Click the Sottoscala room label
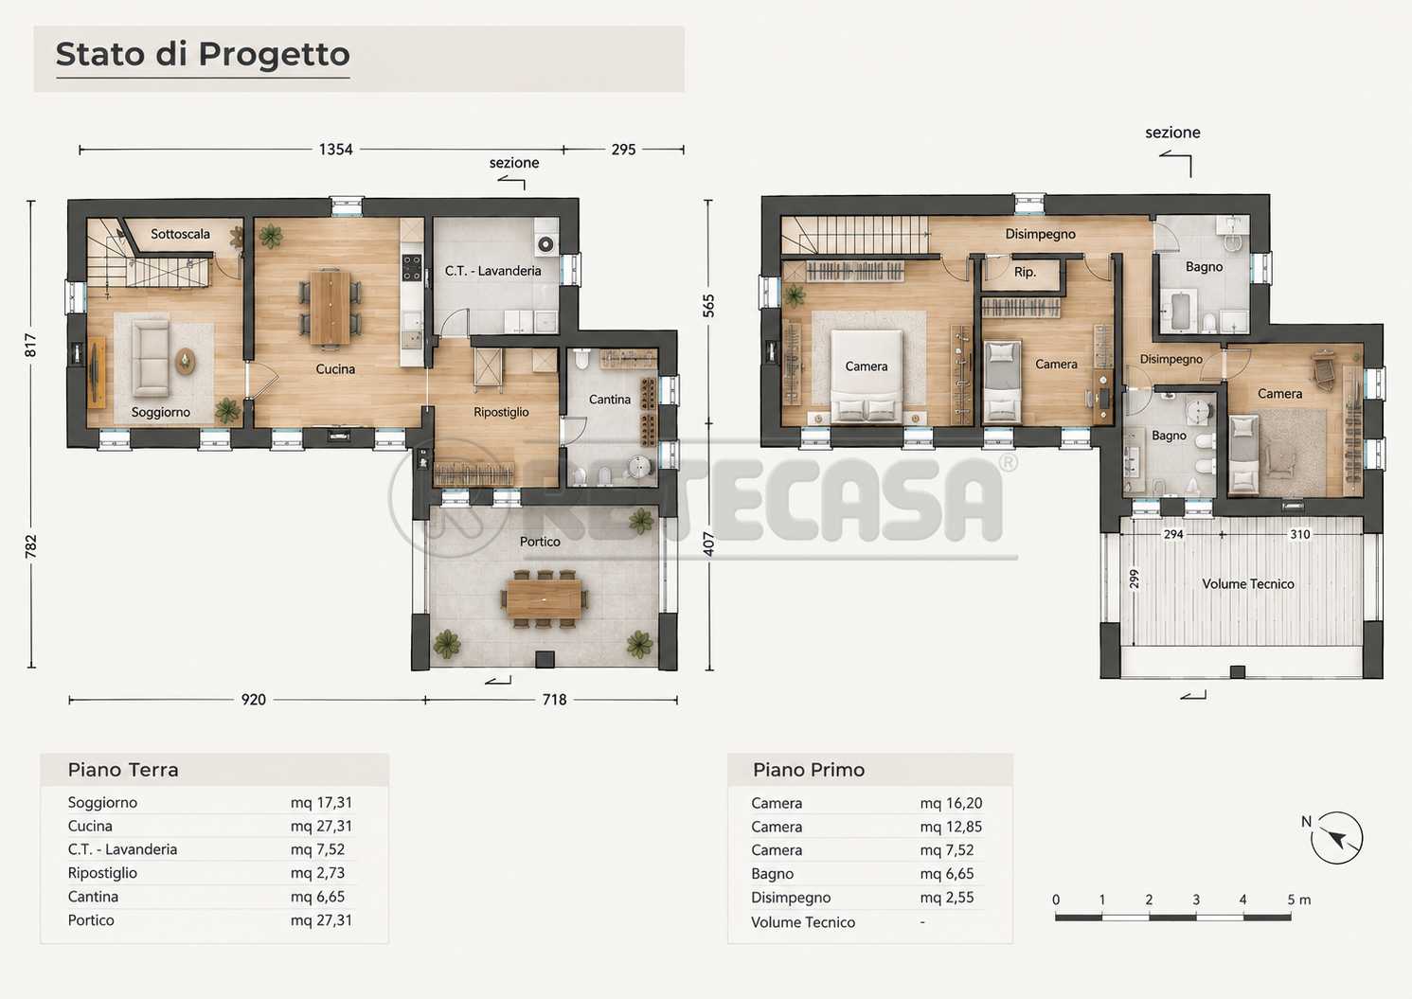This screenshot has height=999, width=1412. [x=180, y=234]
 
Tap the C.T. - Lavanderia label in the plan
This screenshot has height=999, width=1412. [x=493, y=271]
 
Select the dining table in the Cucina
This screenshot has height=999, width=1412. [x=330, y=308]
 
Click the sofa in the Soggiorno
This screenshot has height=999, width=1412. [x=151, y=357]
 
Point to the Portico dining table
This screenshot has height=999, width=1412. [x=544, y=598]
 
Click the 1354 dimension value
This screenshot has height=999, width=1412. [x=335, y=150]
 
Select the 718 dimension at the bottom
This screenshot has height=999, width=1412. [x=554, y=700]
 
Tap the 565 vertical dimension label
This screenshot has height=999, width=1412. [x=708, y=306]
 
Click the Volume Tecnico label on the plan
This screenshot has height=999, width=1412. [x=1248, y=584]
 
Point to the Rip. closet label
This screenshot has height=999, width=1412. [x=1025, y=273]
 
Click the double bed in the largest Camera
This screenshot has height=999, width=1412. [x=867, y=376]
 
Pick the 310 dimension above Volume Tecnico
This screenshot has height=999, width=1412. [x=1300, y=534]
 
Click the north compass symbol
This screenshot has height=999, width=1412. [x=1336, y=838]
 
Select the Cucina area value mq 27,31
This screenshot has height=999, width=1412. [x=321, y=827]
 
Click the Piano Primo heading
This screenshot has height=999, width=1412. [x=809, y=770]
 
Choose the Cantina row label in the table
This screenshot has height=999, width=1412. [x=93, y=897]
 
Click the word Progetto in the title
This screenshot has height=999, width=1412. [x=275, y=54]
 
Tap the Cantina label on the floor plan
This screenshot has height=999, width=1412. [x=610, y=400]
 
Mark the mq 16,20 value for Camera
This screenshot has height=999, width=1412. [x=951, y=803]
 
